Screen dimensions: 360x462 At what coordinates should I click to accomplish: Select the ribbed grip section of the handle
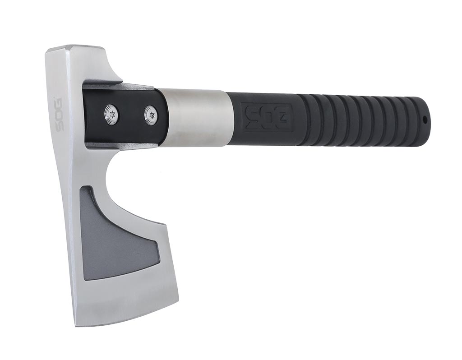361,120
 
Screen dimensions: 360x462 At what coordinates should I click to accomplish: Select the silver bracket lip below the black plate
122,145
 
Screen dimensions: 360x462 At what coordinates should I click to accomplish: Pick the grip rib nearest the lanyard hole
408,120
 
